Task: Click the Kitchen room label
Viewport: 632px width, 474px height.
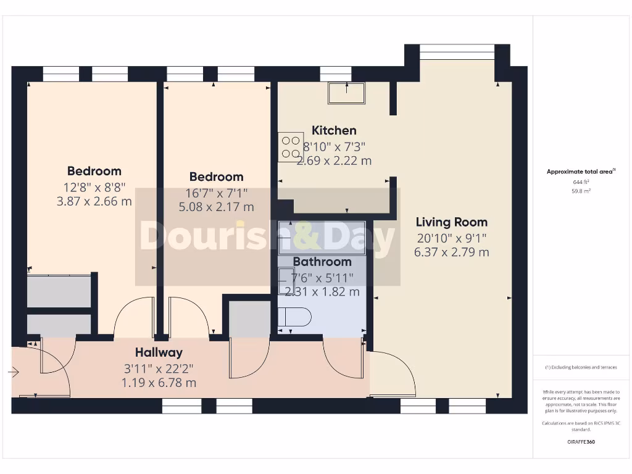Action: point(334,130)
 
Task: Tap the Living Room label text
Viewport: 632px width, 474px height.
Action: point(451,222)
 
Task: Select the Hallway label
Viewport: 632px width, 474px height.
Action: point(159,352)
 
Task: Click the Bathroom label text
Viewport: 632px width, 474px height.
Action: point(322,262)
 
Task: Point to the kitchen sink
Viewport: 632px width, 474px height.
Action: point(346,93)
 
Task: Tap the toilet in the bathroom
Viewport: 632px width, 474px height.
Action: point(294,317)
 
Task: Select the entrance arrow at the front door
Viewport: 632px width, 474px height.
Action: point(14,372)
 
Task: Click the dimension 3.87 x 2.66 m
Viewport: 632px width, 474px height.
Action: point(94,201)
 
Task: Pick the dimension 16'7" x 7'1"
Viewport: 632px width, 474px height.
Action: point(216,192)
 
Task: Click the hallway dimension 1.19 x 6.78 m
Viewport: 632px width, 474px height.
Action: point(159,383)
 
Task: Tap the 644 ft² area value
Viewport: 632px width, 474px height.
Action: point(581,182)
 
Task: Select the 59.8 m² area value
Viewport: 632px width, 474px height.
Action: point(581,191)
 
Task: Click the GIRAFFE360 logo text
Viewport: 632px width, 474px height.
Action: point(581,442)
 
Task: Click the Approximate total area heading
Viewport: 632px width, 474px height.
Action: point(581,172)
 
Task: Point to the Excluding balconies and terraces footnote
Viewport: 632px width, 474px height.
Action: point(581,367)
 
